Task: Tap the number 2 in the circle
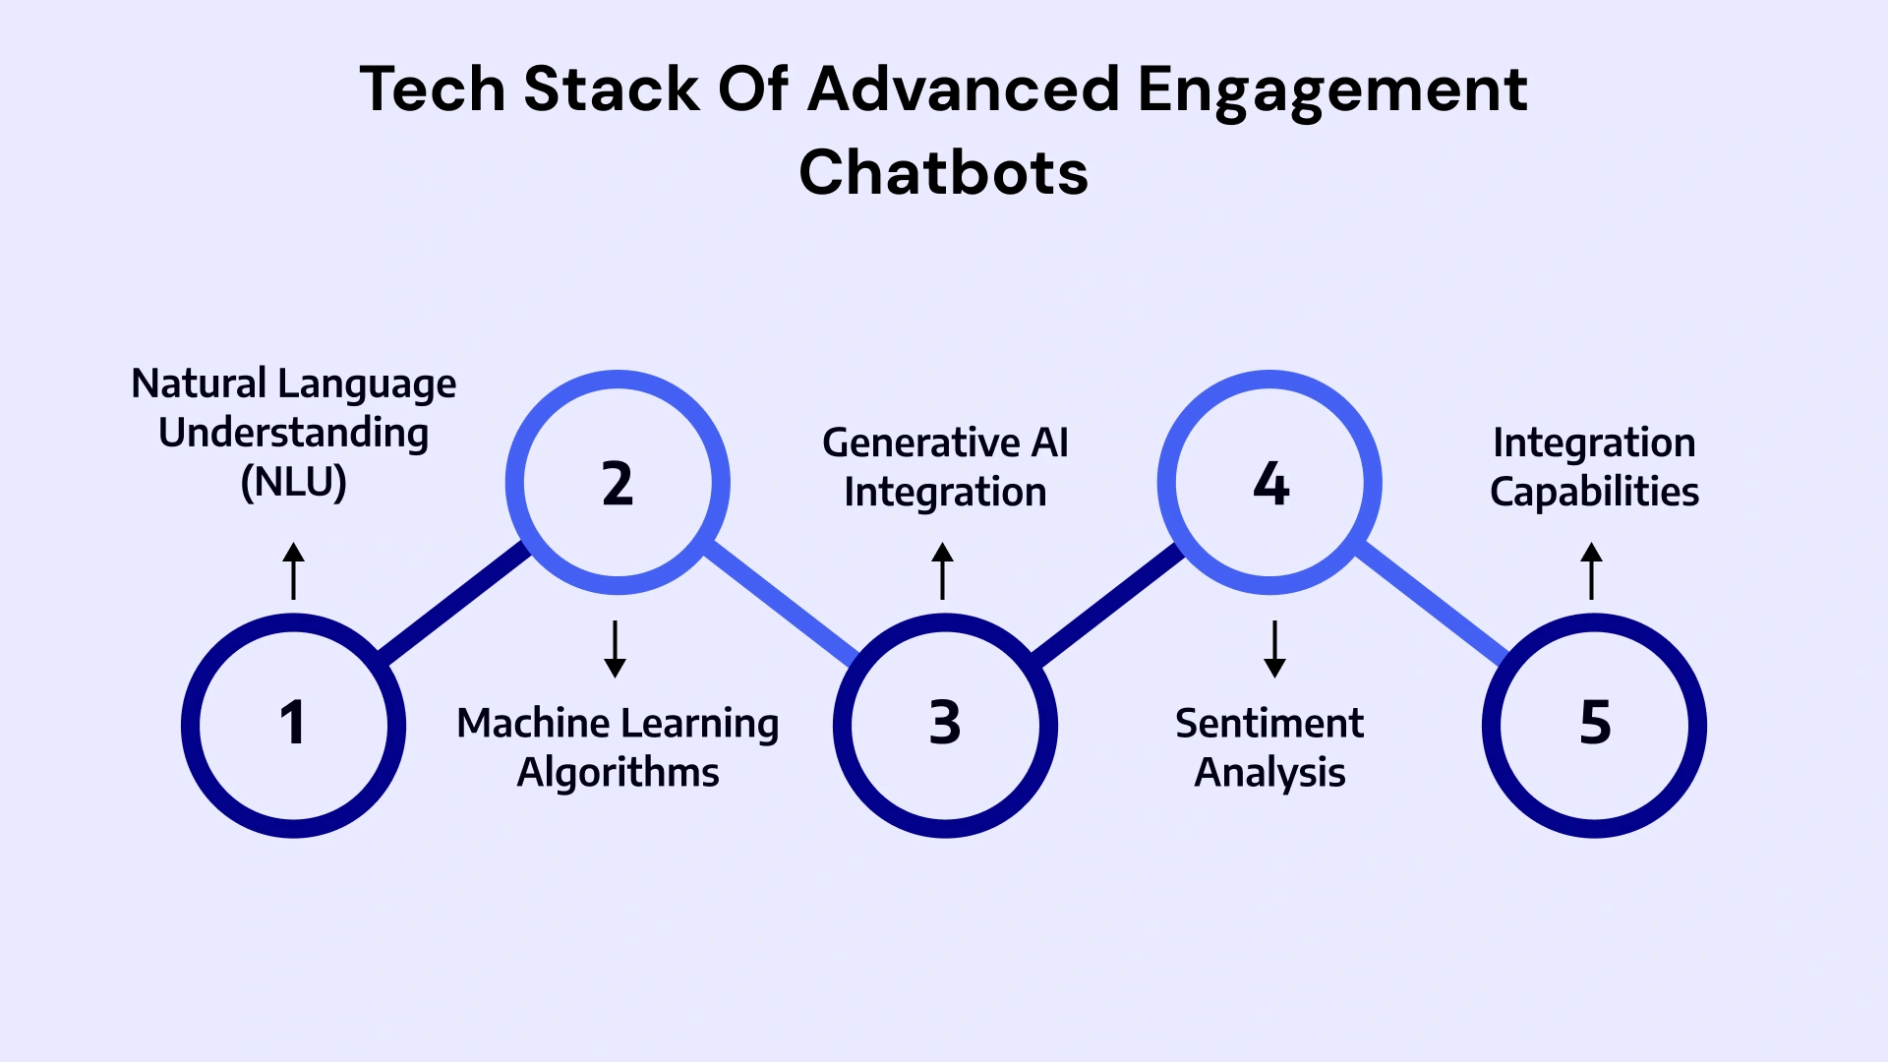(x=618, y=484)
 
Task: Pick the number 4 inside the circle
(x=1270, y=484)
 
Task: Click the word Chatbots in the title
(x=943, y=173)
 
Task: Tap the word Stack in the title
(x=611, y=89)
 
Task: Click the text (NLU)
(x=293, y=482)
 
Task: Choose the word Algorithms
(x=618, y=773)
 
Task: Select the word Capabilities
(x=1594, y=492)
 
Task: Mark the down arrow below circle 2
(x=616, y=649)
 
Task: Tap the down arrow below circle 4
(x=1274, y=649)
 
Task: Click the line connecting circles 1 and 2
(x=454, y=602)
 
